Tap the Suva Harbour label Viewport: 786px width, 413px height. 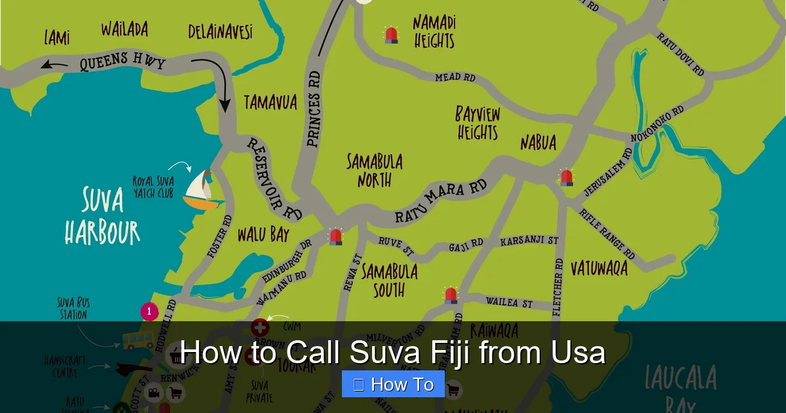pyautogui.click(x=102, y=216)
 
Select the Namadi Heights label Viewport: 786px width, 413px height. pyautogui.click(x=434, y=31)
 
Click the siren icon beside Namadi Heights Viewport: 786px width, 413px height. pyautogui.click(x=391, y=35)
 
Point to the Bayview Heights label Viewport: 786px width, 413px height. pyautogui.click(x=477, y=123)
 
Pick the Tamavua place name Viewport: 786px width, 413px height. pyautogui.click(x=271, y=102)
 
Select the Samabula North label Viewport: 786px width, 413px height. pyautogui.click(x=375, y=170)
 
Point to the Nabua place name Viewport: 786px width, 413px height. pyautogui.click(x=538, y=142)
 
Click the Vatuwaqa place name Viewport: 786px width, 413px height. pyautogui.click(x=599, y=267)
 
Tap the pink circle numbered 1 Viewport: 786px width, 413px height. pyautogui.click(x=149, y=311)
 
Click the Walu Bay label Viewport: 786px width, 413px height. pyautogui.click(x=263, y=234)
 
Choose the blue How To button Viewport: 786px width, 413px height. pyautogui.click(x=393, y=384)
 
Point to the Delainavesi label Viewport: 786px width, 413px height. pyautogui.click(x=220, y=31)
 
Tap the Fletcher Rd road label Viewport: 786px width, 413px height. pyautogui.click(x=558, y=287)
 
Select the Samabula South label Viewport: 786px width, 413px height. pyautogui.click(x=389, y=280)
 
